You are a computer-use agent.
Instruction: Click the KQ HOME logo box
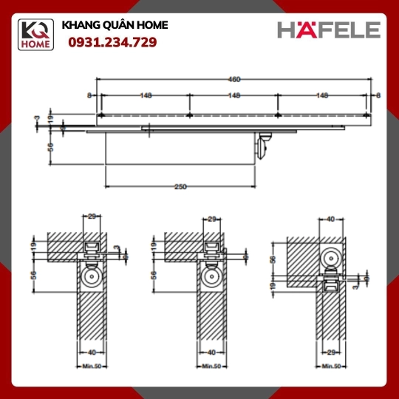tap(35, 35)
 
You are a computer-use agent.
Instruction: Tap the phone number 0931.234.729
tap(112, 42)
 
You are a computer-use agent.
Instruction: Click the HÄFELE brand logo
tap(329, 30)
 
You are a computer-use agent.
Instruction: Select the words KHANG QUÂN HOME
tap(115, 25)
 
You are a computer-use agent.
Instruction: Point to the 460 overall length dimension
tap(233, 79)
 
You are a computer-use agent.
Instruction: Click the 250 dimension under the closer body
tap(180, 187)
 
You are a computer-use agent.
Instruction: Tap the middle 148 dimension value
tap(233, 95)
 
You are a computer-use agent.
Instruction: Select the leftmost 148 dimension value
tap(146, 95)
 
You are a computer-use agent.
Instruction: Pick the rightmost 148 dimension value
tap(322, 95)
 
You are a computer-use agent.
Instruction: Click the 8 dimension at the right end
tap(378, 95)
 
